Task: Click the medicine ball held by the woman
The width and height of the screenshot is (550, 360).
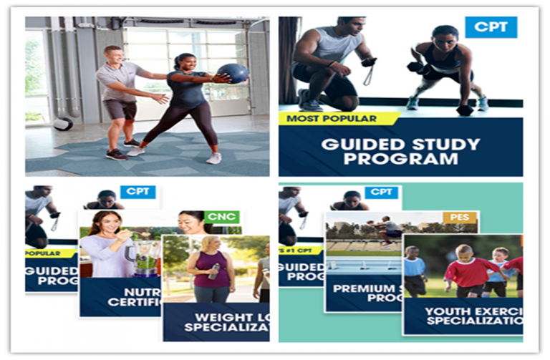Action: point(232,72)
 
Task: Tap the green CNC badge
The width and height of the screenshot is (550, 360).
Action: point(221,217)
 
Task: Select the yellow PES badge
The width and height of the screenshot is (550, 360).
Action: point(459,217)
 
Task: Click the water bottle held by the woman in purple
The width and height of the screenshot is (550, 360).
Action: point(216,271)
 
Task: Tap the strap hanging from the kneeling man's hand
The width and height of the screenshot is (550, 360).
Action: point(367,74)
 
